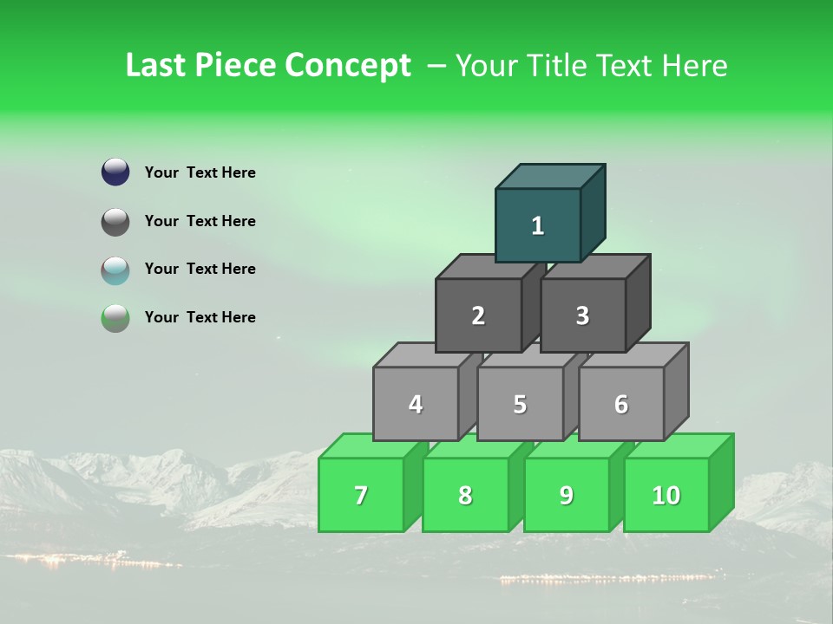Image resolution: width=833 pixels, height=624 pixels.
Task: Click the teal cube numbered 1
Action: click(538, 225)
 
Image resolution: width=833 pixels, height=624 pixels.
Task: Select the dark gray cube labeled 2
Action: click(478, 315)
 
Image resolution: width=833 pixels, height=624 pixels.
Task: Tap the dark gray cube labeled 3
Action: click(582, 315)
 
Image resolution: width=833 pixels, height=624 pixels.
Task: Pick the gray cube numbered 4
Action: click(416, 404)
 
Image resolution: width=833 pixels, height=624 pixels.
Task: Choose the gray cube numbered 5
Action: click(520, 404)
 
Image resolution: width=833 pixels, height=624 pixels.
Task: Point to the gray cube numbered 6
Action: click(621, 404)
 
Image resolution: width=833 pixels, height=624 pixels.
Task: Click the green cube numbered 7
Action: click(361, 495)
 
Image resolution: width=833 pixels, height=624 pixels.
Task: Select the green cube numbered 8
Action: click(465, 495)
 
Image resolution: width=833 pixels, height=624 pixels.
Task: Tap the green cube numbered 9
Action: click(567, 495)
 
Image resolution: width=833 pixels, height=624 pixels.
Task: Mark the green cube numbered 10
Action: click(666, 495)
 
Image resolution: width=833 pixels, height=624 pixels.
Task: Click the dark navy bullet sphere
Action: click(115, 172)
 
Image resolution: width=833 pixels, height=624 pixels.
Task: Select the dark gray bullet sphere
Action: click(115, 221)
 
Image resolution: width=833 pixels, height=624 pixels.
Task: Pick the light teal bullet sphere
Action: click(115, 270)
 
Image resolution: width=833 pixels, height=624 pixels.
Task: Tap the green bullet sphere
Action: click(115, 318)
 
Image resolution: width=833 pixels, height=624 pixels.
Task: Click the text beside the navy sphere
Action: click(200, 172)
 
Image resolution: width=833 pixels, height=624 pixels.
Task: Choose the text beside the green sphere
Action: click(200, 317)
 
